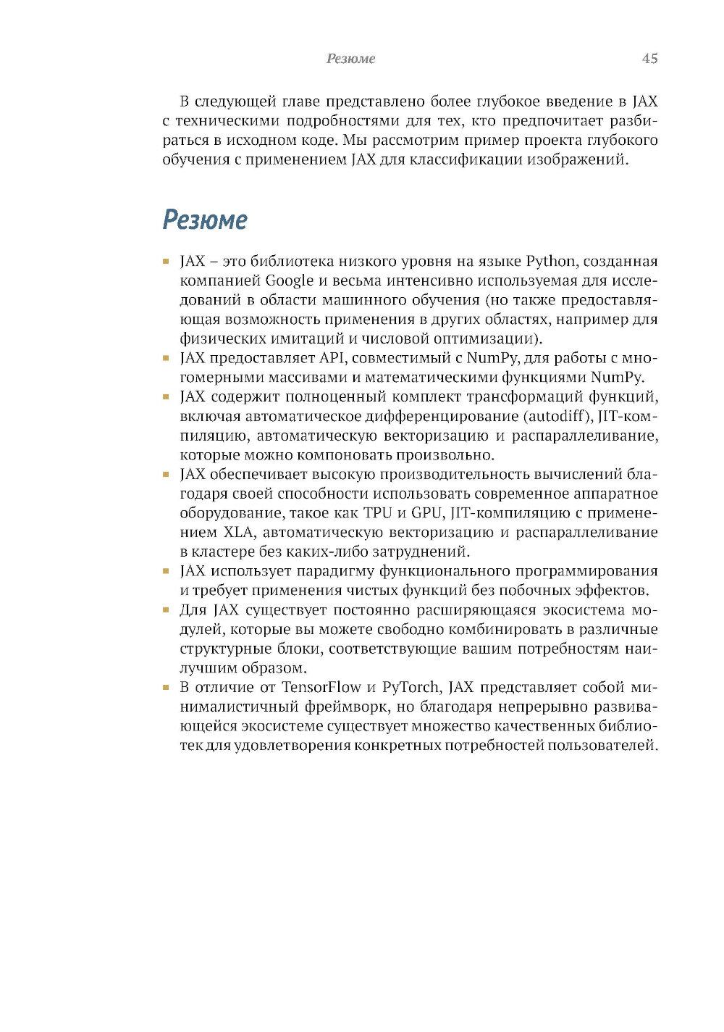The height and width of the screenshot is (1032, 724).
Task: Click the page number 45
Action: coord(649,59)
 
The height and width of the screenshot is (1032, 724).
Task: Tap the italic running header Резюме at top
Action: coord(350,59)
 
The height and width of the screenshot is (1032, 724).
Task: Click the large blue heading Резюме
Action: coord(205,220)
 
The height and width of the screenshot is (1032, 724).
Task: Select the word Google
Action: coord(290,280)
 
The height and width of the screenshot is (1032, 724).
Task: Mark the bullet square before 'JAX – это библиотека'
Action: coord(166,261)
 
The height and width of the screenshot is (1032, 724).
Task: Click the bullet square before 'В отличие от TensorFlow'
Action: coord(166,687)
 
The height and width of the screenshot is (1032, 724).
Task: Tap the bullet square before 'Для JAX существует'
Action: coord(166,609)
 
